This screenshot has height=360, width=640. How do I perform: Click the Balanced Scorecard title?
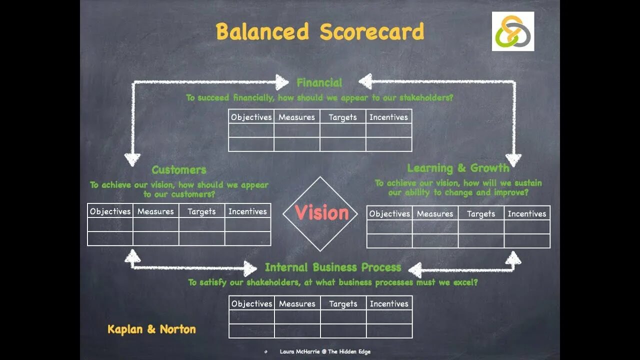[320, 32]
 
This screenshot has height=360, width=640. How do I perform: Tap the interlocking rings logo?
[512, 31]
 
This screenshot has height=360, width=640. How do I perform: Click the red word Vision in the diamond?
[321, 213]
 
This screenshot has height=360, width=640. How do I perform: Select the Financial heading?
[319, 82]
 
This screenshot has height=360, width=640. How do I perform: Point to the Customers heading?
[179, 170]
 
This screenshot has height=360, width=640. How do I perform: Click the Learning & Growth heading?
[458, 168]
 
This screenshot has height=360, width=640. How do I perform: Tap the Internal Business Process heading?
[333, 267]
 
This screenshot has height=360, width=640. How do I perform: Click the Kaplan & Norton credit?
[151, 329]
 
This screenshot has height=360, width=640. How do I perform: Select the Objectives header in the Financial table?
[251, 117]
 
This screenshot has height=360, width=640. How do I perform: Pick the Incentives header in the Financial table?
[388, 117]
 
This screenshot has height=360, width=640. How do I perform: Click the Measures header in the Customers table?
[155, 211]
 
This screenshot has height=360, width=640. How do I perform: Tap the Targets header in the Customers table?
[201, 211]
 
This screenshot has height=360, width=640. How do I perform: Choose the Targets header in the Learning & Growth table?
[481, 214]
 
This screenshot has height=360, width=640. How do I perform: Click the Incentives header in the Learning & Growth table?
[527, 214]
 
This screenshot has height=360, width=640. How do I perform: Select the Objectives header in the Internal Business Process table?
[251, 303]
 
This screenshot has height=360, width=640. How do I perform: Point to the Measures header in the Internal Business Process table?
[297, 303]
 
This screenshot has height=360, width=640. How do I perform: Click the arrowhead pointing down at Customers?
[132, 159]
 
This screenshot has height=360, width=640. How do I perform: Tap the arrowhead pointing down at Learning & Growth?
[513, 159]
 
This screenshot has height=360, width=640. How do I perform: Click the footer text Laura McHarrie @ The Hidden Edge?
[325, 352]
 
